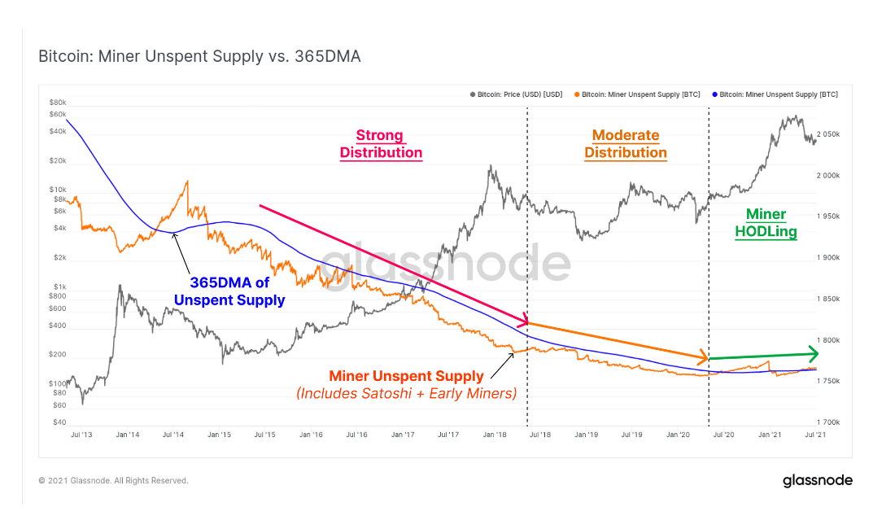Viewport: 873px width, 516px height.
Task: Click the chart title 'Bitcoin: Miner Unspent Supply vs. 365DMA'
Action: pyautogui.click(x=199, y=56)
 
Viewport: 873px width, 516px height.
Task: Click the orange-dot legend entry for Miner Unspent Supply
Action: pyautogui.click(x=637, y=94)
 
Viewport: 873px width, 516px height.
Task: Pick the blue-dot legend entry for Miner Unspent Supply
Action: pyautogui.click(x=775, y=94)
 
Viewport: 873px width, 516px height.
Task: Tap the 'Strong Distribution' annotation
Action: pyautogui.click(x=381, y=144)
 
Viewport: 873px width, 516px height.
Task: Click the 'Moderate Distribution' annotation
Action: pyautogui.click(x=625, y=144)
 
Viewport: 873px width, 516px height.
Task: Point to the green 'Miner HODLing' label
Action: pyautogui.click(x=766, y=223)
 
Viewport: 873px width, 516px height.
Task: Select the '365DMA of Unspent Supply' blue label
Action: pyautogui.click(x=229, y=291)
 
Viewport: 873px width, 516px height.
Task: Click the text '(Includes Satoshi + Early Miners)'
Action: pyautogui.click(x=407, y=394)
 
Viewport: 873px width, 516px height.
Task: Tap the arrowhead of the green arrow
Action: pyautogui.click(x=813, y=353)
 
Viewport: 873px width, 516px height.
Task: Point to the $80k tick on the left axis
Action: pyautogui.click(x=58, y=103)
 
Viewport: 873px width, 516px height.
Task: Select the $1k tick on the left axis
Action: pyautogui.click(x=59, y=286)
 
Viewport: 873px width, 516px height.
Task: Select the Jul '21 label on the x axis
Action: pyautogui.click(x=813, y=435)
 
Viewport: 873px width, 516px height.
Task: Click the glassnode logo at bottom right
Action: pyautogui.click(x=817, y=480)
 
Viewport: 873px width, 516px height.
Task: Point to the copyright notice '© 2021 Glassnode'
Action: pyautogui.click(x=113, y=481)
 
